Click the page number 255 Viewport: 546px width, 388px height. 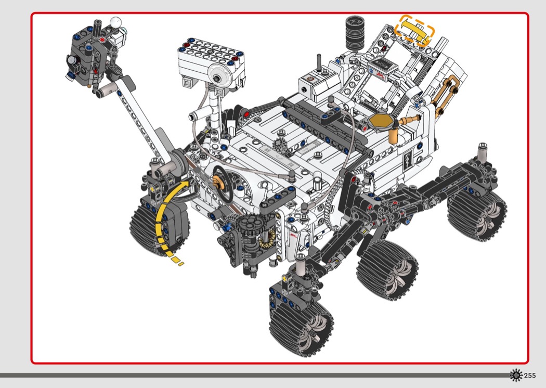point(529,376)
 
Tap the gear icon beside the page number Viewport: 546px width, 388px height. point(516,375)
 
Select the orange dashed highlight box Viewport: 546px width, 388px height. point(414,30)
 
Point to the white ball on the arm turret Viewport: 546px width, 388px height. point(115,22)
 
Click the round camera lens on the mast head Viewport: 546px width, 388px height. point(218,77)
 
